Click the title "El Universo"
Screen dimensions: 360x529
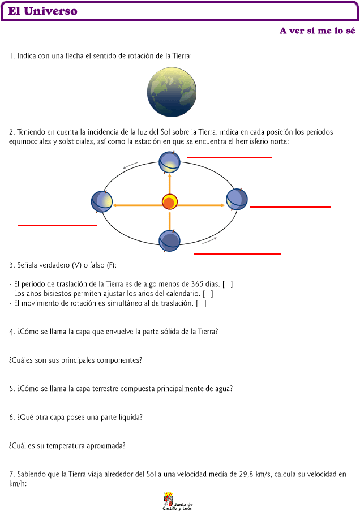[x=43, y=11]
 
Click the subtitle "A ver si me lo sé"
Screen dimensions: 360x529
[x=317, y=31]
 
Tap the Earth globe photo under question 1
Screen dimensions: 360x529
[x=172, y=92]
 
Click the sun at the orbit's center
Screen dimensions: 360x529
[x=170, y=202]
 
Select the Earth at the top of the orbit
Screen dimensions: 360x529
[x=169, y=162]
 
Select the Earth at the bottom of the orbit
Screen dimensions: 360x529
[x=169, y=241]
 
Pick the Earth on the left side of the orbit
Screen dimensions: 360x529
[x=101, y=202]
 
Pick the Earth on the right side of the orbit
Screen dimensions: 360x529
[x=237, y=199]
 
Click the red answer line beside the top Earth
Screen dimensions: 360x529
[x=229, y=157]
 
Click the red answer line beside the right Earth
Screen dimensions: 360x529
[x=290, y=207]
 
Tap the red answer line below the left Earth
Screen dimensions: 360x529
[x=58, y=225]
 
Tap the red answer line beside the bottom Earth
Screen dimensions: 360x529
[x=238, y=253]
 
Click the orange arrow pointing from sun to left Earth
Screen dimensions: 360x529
[x=138, y=205]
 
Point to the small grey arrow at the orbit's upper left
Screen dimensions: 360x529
[x=130, y=165]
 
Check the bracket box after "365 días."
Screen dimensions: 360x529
[x=228, y=284]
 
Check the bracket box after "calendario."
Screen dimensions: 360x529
[x=208, y=294]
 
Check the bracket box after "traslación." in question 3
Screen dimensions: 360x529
[x=201, y=303]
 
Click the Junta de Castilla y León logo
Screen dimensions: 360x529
[x=178, y=501]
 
